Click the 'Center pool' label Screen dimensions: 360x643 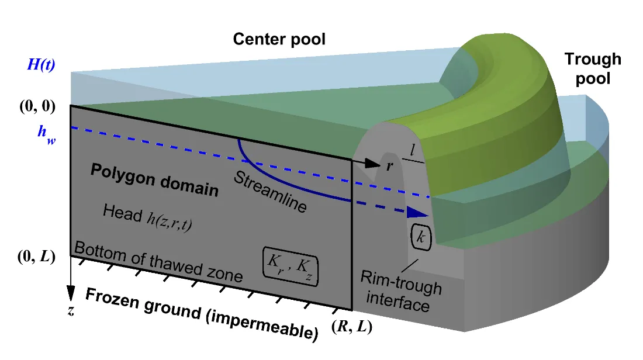(x=279, y=40)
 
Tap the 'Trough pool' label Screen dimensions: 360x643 (x=592, y=68)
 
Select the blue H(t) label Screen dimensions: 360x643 (x=41, y=65)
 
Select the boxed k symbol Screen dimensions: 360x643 (x=421, y=237)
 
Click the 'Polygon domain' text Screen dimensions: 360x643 (x=154, y=181)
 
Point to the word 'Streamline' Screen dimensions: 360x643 (x=270, y=193)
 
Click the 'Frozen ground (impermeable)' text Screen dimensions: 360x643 (x=202, y=314)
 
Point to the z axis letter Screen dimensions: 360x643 (x=71, y=311)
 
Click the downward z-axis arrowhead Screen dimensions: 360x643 (x=71, y=293)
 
